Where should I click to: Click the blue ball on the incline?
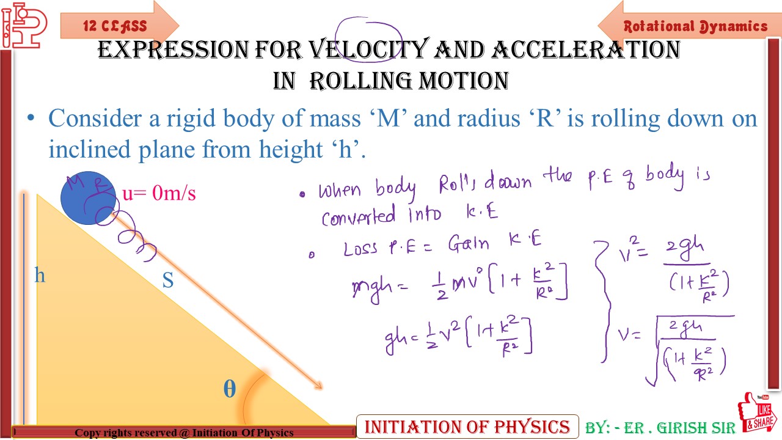tap(88, 197)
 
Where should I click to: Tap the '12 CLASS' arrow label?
tap(115, 26)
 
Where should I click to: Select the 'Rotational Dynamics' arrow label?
tap(695, 26)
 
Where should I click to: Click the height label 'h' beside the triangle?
tap(40, 276)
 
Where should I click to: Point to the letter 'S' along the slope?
tap(167, 280)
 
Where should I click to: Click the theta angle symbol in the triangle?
tap(229, 389)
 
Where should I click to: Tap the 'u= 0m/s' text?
tap(159, 193)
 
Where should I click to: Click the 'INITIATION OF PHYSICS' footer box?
tap(467, 426)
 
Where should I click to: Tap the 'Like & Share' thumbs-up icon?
tap(757, 413)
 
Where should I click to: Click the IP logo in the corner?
tap(23, 24)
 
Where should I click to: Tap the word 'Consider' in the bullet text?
tap(94, 118)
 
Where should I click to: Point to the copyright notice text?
tap(184, 433)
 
